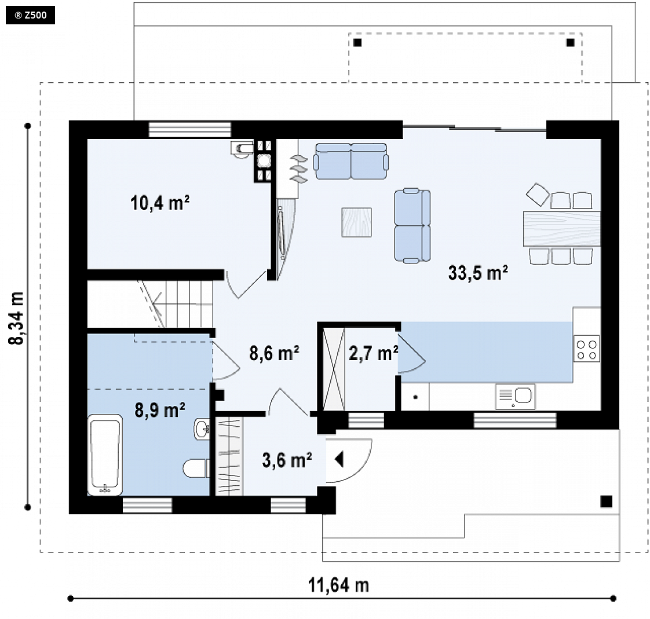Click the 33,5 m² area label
pos(478,273)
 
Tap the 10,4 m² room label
pos(160,203)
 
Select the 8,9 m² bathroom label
pos(160,410)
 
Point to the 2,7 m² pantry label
pos(374,353)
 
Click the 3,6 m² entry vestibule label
pos(287,460)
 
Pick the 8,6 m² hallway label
pos(274,353)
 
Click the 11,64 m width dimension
pos(338,585)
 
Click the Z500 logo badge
pos(30,15)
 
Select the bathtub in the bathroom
pos(105,455)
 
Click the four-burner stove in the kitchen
pos(587,349)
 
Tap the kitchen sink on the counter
pos(515,396)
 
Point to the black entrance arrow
pos(339,459)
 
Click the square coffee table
pos(356,222)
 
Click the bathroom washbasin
pos(202,429)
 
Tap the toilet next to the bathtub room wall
pos(196,468)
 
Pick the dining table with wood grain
pos(562,229)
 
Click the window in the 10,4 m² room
pos(190,129)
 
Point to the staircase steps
pos(178,304)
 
